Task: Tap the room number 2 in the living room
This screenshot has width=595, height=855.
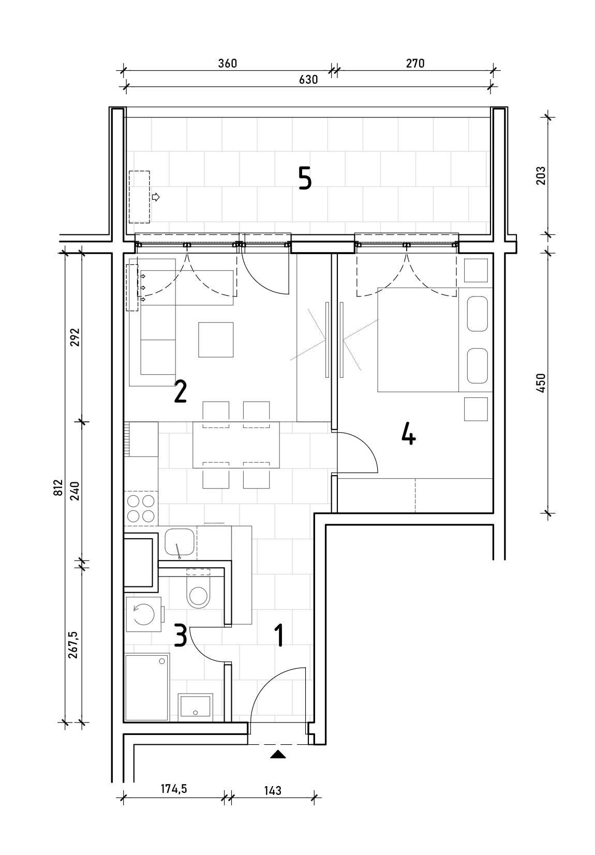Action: click(x=180, y=391)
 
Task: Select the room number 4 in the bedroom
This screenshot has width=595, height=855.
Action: click(x=408, y=435)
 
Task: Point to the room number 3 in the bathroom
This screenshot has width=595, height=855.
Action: click(x=181, y=635)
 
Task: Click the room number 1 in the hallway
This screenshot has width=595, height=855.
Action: click(x=280, y=635)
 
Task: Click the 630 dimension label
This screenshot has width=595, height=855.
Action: click(x=308, y=79)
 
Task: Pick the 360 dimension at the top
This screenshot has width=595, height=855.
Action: click(x=228, y=63)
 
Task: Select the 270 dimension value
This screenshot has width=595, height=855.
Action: click(x=415, y=63)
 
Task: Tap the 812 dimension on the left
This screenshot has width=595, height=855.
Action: click(x=58, y=488)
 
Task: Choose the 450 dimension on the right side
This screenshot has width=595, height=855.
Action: click(x=541, y=383)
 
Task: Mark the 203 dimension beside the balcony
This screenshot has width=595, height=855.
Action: click(x=541, y=175)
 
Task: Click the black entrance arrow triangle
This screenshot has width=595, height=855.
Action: click(x=278, y=754)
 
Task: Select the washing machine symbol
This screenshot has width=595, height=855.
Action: click(x=144, y=614)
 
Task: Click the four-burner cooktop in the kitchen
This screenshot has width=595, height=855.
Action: click(x=141, y=508)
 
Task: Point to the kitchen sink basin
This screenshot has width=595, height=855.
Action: click(x=180, y=541)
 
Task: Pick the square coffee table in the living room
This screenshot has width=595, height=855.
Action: click(x=216, y=340)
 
